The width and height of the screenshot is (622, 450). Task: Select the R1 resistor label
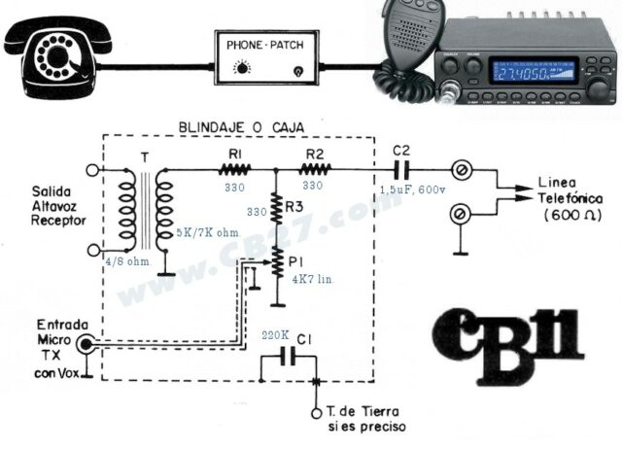pos(234,153)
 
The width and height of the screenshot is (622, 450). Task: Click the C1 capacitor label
pos(304,337)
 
